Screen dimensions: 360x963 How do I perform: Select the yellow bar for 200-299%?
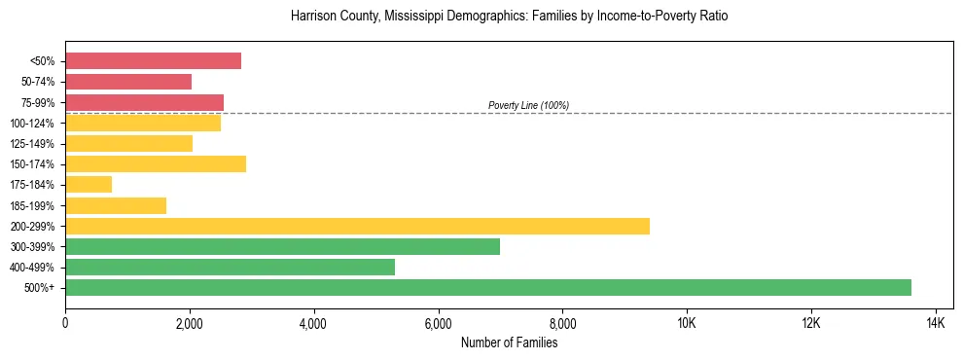[x=357, y=226]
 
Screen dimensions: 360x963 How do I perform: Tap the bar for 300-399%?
[x=282, y=246]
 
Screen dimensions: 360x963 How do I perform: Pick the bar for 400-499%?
[x=230, y=267]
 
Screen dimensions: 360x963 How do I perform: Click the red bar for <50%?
[x=153, y=61]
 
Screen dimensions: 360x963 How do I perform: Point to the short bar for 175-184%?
[x=89, y=184]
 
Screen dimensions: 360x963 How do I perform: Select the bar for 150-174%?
[x=156, y=163]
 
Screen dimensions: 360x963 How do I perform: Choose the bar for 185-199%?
[x=116, y=205]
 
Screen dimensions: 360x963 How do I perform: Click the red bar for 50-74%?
[x=128, y=82]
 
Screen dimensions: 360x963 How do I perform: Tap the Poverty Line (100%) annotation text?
[x=528, y=105]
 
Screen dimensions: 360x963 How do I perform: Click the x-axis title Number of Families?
[x=509, y=342]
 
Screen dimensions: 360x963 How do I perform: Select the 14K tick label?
[x=935, y=323]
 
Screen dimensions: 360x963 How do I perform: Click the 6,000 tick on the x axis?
[x=438, y=323]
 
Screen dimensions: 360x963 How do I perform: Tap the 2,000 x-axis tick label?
[x=190, y=323]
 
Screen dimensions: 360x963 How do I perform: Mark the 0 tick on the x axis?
[x=65, y=323]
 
